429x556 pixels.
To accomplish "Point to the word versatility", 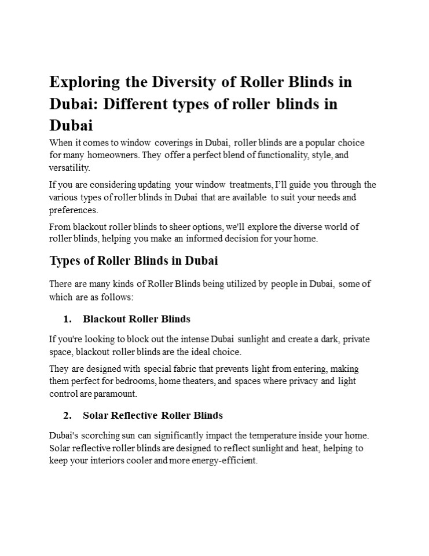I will [x=69, y=168].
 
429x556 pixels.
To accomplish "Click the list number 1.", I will [x=67, y=319].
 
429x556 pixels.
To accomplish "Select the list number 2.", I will [x=67, y=415].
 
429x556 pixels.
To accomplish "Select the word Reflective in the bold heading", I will [x=133, y=415].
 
